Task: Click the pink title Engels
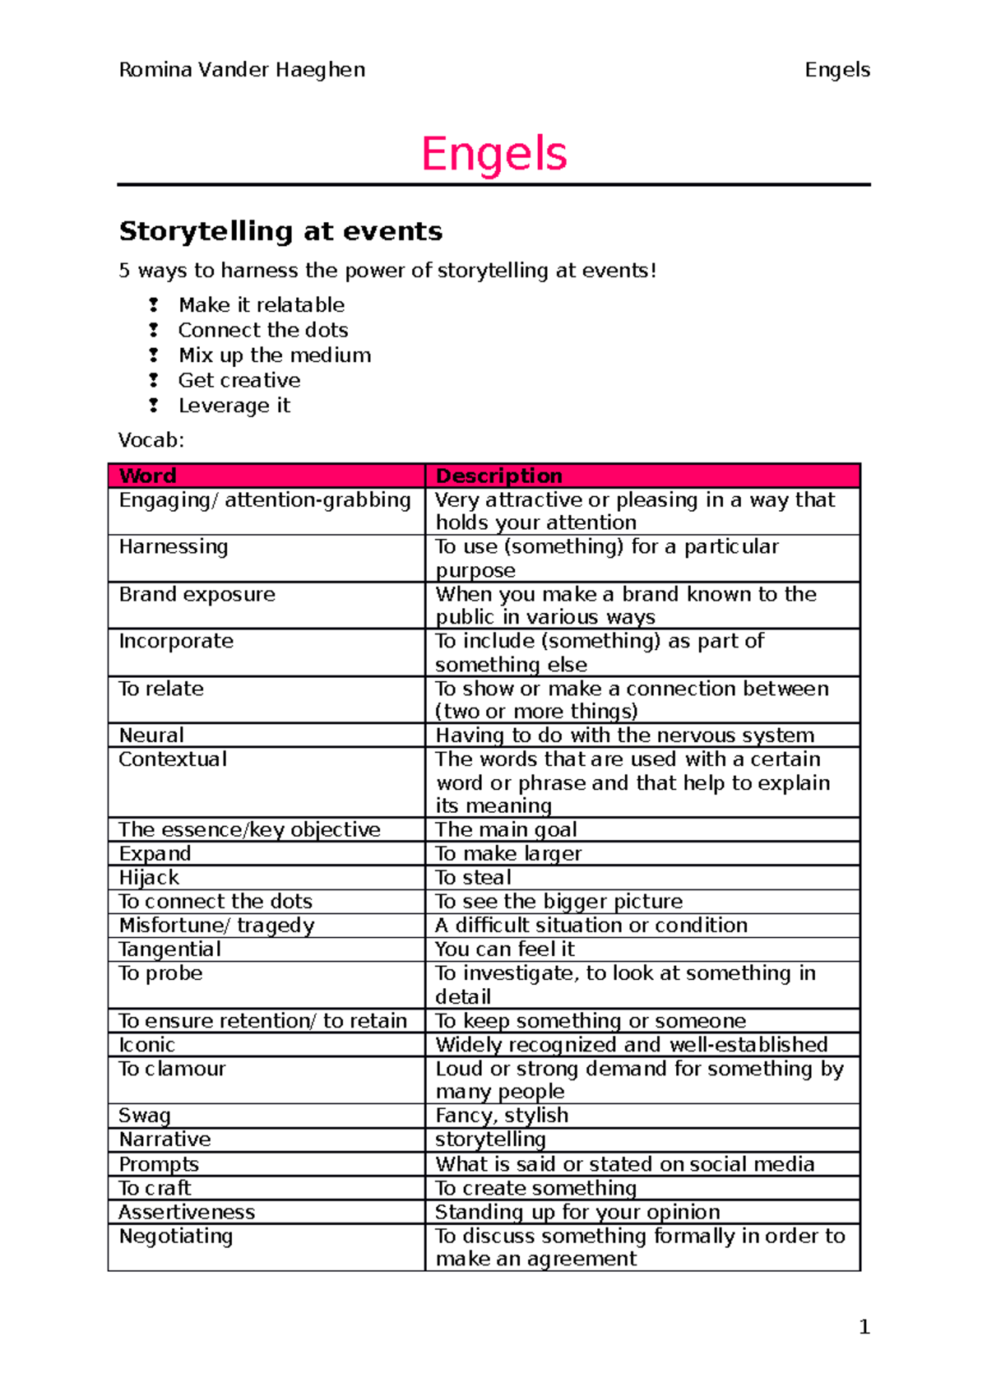coord(493,154)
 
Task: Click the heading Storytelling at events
coord(280,231)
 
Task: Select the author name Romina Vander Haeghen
coord(242,70)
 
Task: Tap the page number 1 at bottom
coord(864,1326)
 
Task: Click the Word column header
coord(148,476)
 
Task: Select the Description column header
coord(498,476)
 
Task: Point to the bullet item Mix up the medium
coord(275,355)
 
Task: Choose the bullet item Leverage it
coord(234,406)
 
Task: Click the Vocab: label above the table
coord(151,440)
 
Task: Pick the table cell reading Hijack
coord(149,877)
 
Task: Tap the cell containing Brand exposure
coord(197,594)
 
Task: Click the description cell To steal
coord(474,877)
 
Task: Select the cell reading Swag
coord(145,1116)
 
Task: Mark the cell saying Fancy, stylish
coord(502,1116)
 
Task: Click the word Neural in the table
coord(151,735)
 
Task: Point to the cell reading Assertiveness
coord(187,1212)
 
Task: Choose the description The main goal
coord(506,829)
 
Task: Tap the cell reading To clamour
coord(172,1069)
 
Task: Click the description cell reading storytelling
coord(490,1139)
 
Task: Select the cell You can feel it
coord(504,949)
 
